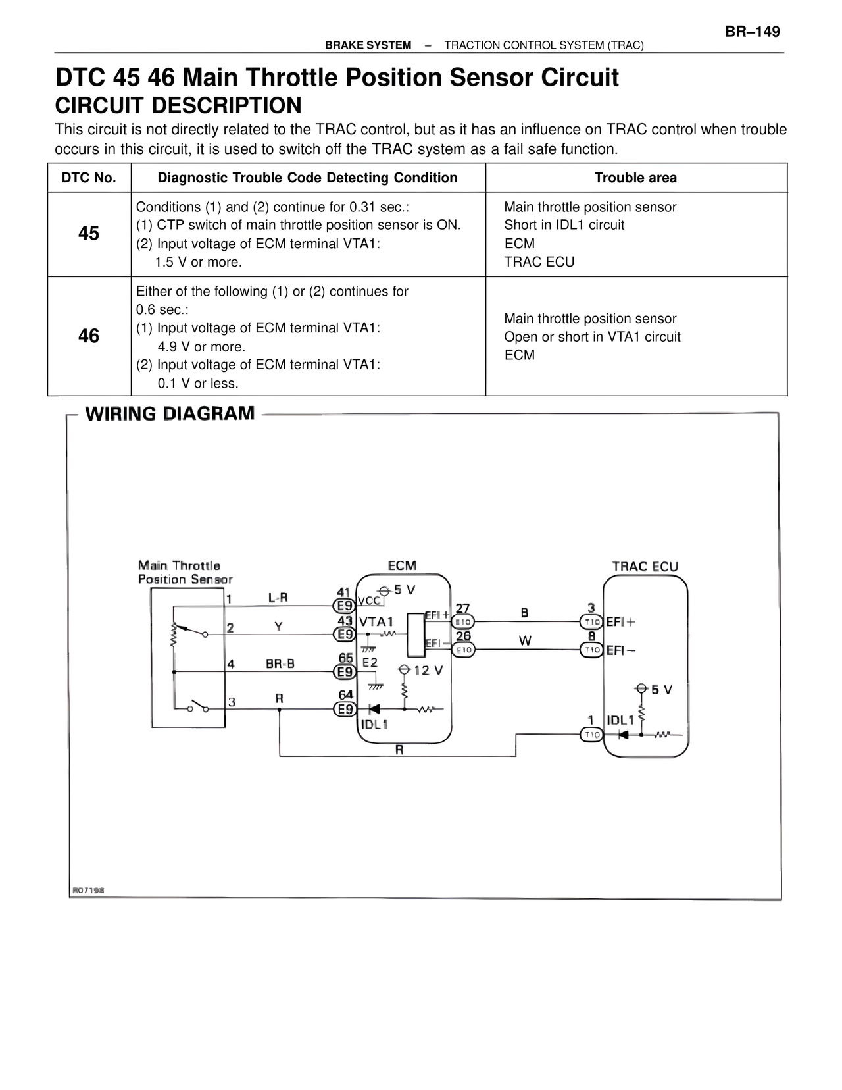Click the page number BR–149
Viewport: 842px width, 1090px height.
coord(753,32)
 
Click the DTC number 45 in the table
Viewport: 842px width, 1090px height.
coord(89,234)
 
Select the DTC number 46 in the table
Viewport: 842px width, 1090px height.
coord(89,336)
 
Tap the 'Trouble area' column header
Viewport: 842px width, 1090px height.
coord(635,178)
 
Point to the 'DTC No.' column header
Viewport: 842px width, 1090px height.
coord(89,178)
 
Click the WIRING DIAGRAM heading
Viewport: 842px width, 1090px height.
coord(170,414)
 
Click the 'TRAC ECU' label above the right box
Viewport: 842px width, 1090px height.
coord(645,567)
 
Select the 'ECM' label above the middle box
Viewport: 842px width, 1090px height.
coord(402,566)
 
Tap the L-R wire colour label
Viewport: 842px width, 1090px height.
coord(278,598)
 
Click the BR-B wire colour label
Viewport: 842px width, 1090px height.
coord(280,664)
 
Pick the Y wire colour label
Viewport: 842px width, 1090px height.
coord(279,627)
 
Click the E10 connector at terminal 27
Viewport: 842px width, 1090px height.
coord(463,621)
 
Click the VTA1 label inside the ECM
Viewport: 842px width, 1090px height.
coord(376,621)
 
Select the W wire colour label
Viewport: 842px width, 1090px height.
coord(525,640)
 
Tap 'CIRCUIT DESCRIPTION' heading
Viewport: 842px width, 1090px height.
coord(178,105)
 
